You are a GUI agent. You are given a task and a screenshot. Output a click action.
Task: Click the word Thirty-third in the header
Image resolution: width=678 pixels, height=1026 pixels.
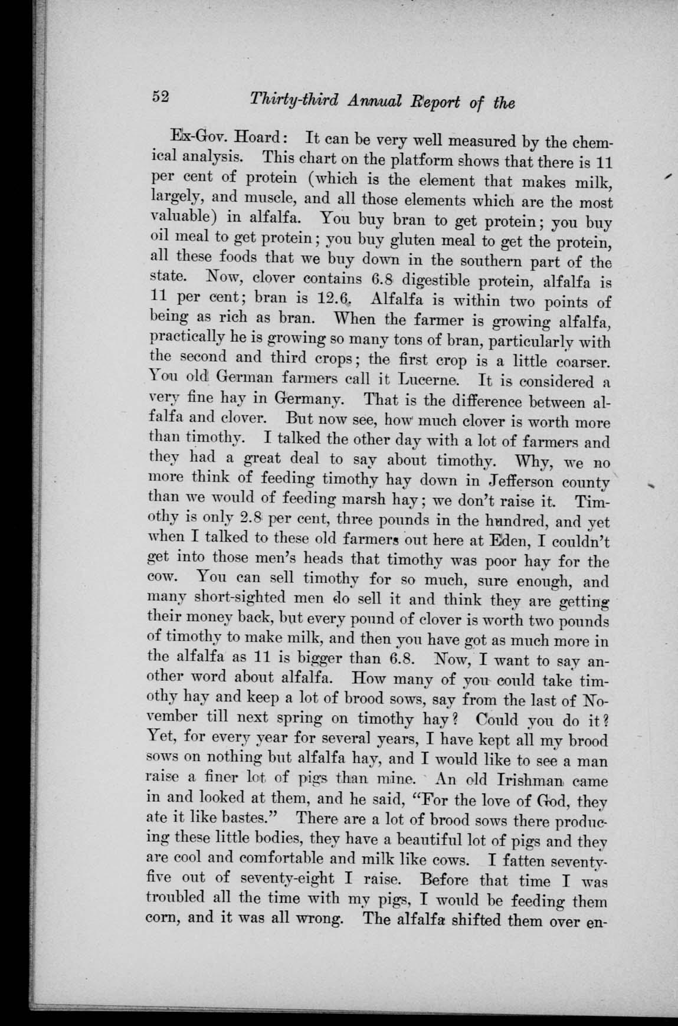pyautogui.click(x=286, y=101)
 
